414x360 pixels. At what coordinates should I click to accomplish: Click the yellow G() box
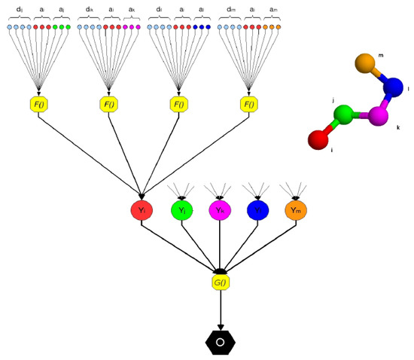tap(220, 282)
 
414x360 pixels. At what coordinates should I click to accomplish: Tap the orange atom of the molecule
tap(365, 63)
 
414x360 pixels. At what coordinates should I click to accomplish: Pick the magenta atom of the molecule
tap(379, 117)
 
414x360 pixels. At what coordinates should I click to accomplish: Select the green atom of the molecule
tap(344, 115)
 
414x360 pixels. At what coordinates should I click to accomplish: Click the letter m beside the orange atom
tap(380, 55)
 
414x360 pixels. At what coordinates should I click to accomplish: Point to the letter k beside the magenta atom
tap(397, 128)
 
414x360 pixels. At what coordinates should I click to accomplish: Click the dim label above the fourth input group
tap(229, 10)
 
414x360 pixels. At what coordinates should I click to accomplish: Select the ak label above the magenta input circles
tap(132, 10)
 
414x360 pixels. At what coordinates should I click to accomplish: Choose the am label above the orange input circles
tap(272, 10)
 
